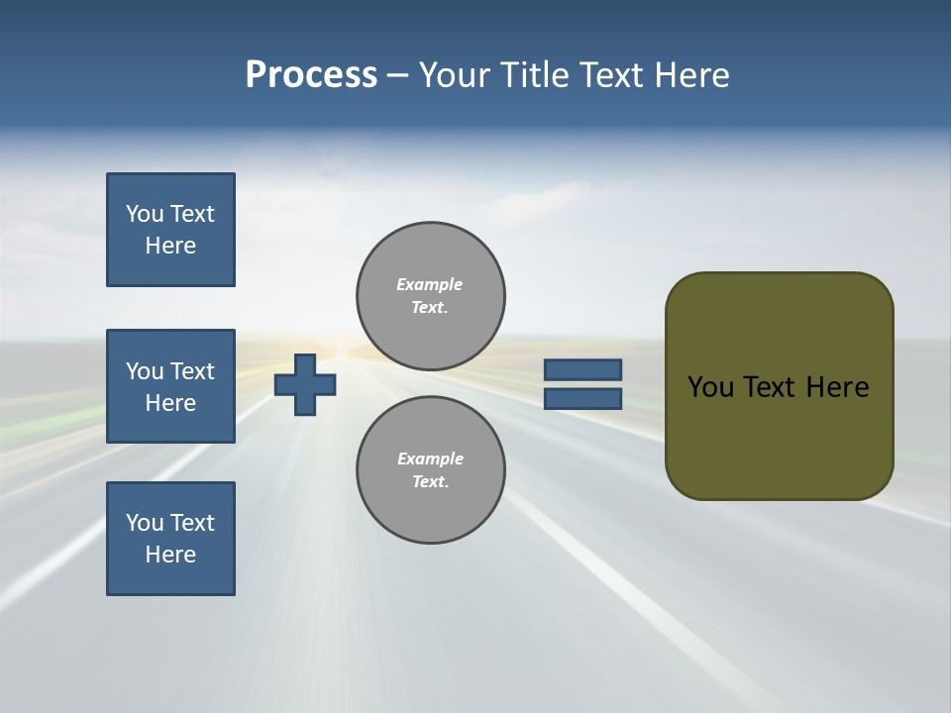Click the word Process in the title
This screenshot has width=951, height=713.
tap(311, 75)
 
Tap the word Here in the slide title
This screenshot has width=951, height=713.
tap(693, 75)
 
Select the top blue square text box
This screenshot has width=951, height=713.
tap(170, 230)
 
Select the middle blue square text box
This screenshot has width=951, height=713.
tap(170, 386)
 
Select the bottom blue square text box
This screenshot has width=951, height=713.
tap(170, 539)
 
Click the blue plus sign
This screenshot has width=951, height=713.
tap(305, 384)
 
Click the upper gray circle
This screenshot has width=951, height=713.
tap(431, 295)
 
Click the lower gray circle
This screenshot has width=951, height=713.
tap(431, 469)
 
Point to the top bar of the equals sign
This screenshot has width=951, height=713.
tap(583, 369)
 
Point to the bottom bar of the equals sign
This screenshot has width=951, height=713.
tap(583, 398)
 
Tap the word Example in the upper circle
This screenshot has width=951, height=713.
tap(430, 284)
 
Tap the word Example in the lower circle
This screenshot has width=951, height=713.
tap(430, 458)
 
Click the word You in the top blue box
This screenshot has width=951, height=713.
tap(144, 214)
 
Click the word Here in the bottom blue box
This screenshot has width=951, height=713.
tap(170, 555)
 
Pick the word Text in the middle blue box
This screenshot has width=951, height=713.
tap(192, 371)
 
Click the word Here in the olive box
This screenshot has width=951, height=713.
tap(837, 387)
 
